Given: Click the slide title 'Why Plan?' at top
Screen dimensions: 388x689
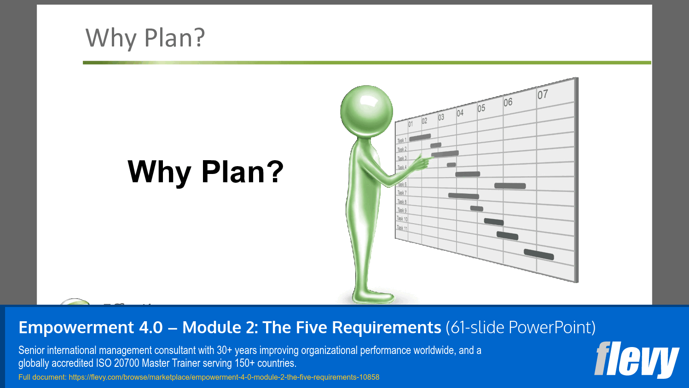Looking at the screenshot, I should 145,38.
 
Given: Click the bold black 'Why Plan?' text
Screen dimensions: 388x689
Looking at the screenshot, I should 205,172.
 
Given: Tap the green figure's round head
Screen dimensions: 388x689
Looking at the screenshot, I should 366,111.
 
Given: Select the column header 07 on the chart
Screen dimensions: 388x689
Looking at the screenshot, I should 543,94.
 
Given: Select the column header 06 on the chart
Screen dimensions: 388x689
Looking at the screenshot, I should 508,102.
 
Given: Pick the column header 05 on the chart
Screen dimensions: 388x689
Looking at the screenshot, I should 481,108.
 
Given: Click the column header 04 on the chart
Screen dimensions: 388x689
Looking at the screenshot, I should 460,113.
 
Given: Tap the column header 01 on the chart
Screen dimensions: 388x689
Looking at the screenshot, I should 411,124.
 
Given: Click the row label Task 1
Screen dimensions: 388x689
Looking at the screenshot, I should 402,140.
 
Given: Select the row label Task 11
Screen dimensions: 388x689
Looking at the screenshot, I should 402,228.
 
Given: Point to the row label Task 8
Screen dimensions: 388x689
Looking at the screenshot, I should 402,202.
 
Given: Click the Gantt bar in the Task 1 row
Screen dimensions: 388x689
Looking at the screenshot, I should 420,137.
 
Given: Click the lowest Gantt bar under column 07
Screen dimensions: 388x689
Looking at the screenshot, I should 538,254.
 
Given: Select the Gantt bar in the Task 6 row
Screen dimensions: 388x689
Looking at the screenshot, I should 510,186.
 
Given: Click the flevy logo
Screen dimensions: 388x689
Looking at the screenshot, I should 636,359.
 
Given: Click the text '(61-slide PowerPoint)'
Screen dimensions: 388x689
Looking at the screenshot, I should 520,328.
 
